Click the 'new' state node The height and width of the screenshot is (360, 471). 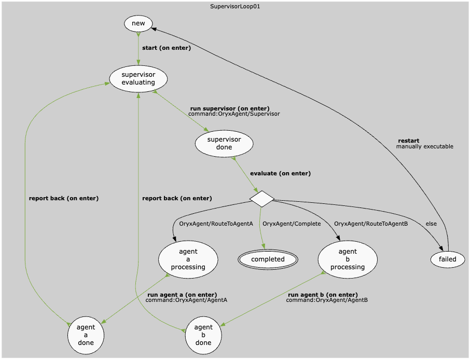(138, 23)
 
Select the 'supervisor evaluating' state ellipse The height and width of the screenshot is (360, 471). (138, 79)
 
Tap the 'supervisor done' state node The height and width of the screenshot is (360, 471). (224, 143)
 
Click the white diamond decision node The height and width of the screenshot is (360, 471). (262, 198)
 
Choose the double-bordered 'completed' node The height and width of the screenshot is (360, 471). (268, 259)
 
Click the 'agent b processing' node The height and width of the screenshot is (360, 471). (348, 259)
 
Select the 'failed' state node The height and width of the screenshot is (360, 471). (448, 259)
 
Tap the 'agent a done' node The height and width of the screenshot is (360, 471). (86, 335)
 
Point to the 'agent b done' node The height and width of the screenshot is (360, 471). (203, 335)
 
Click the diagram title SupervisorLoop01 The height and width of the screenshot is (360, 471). (235, 7)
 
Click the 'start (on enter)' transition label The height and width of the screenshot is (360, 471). (167, 48)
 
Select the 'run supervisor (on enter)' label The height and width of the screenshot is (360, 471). (230, 108)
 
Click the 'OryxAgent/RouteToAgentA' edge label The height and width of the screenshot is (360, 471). (216, 224)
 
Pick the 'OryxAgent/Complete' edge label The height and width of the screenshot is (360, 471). (292, 224)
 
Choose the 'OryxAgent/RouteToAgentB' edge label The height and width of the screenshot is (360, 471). (371, 224)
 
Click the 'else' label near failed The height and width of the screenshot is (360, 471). (431, 224)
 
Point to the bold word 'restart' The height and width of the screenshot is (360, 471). (408, 141)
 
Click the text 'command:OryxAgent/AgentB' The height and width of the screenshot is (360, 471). (327, 300)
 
